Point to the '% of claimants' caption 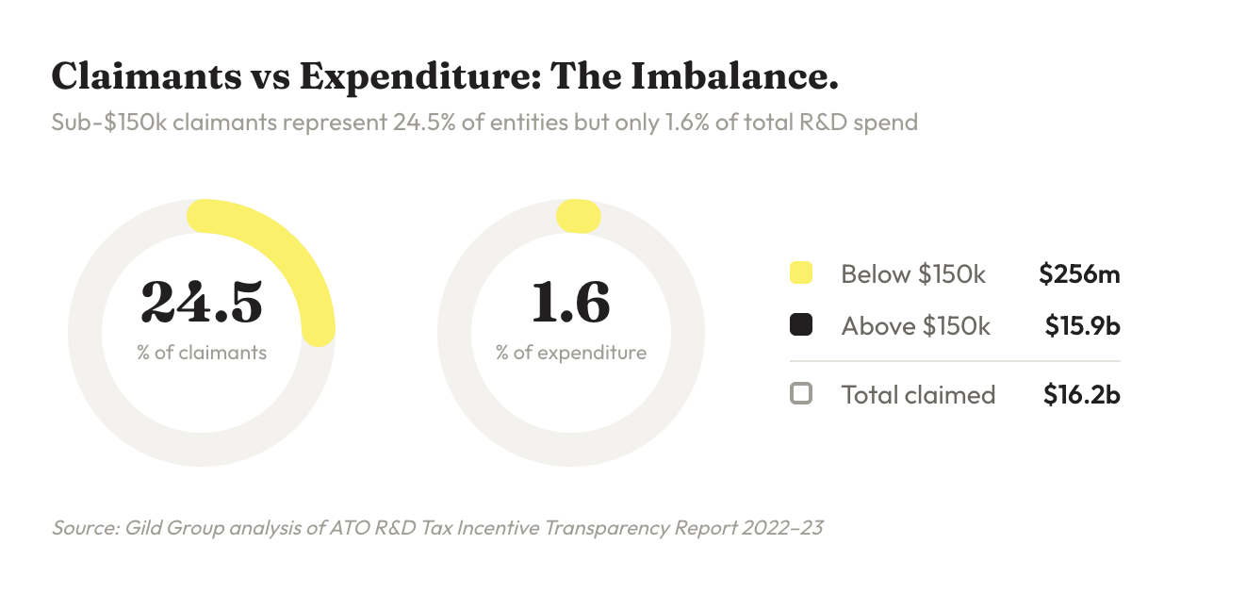(x=202, y=353)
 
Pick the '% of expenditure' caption (x=571, y=353)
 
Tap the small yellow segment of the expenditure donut (x=578, y=216)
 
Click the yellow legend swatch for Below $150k (x=800, y=274)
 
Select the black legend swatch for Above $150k (x=800, y=325)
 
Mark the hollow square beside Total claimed (x=800, y=393)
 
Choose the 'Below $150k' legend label (x=913, y=274)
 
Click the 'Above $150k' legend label (x=916, y=325)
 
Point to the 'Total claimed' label (x=918, y=393)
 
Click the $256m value (x=1079, y=274)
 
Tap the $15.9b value (x=1082, y=325)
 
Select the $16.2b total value (x=1081, y=393)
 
